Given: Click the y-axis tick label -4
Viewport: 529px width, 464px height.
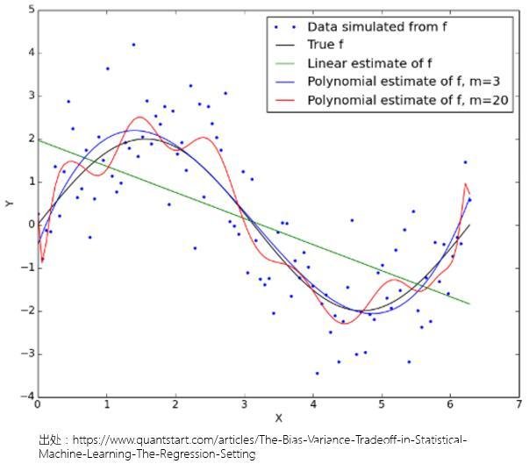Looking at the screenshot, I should tap(26, 397).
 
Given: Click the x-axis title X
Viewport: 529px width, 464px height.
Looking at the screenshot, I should tap(278, 418).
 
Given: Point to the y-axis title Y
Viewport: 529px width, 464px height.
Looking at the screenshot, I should tap(9, 203).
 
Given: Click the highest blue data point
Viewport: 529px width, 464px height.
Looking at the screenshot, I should tap(133, 44).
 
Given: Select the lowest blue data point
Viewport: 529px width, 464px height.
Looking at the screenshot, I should tap(317, 373).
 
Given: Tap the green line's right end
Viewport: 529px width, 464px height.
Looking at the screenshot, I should tap(469, 303).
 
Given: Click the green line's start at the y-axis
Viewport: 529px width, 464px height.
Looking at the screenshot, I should tap(38, 139).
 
